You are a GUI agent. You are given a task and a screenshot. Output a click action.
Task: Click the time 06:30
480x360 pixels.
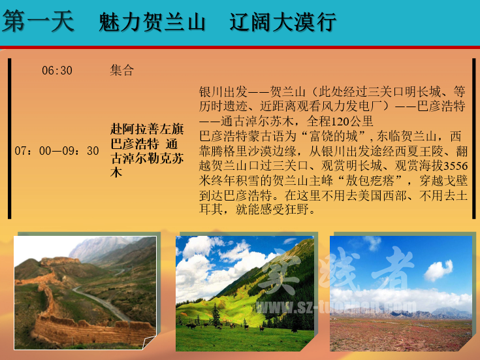point(57,71)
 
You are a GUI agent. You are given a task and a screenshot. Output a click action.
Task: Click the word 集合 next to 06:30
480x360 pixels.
point(122,70)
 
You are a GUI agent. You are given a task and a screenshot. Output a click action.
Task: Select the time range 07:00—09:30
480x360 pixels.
point(57,151)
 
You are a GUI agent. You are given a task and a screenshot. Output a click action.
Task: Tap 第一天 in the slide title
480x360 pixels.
point(38,21)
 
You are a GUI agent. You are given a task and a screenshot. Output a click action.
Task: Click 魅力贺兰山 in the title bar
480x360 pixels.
point(152,22)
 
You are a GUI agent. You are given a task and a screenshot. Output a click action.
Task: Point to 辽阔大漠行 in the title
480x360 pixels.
point(283,22)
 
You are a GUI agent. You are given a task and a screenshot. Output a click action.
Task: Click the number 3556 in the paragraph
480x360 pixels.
point(456,166)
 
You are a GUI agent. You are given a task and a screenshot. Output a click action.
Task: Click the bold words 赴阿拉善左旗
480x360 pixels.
point(147,129)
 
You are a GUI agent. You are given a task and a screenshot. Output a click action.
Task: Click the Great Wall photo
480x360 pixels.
point(85,293)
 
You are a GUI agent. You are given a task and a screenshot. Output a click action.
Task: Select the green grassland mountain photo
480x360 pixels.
point(245,293)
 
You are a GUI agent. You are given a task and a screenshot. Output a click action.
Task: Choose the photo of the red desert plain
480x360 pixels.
point(401,293)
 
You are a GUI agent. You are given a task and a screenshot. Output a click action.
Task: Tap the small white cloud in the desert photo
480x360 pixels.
point(438,270)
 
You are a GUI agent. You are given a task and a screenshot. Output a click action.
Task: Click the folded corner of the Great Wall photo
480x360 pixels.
point(150,342)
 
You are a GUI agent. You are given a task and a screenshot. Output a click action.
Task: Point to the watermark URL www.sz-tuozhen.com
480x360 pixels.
point(336,306)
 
